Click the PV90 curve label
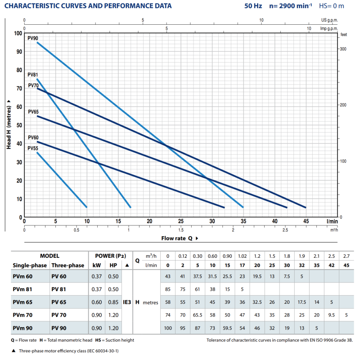point(32,39)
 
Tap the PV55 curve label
point(32,148)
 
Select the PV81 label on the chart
point(32,75)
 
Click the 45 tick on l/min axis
point(306,221)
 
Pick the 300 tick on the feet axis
point(344,49)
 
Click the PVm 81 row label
point(22,289)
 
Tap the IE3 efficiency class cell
point(127,302)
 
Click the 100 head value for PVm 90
point(168,328)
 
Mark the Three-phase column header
point(67,265)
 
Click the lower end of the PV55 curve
point(86,207)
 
